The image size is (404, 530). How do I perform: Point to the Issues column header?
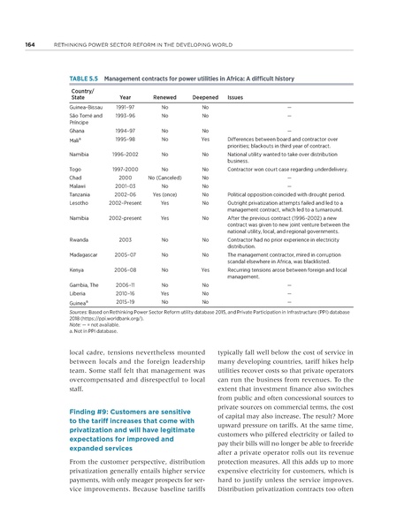[x=236, y=98]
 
